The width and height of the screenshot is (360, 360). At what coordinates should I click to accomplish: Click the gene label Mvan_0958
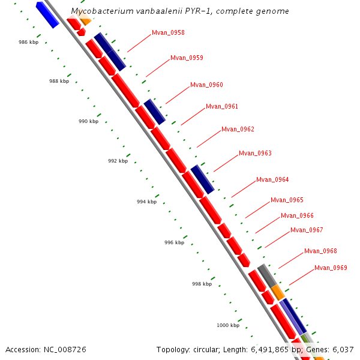click(168, 32)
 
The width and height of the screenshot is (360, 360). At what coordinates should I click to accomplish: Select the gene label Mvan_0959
click(187, 58)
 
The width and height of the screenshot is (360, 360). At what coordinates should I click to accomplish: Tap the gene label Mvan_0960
click(206, 85)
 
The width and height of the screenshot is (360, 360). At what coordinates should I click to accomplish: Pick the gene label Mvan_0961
click(222, 107)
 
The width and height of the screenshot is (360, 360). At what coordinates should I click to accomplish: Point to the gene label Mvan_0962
click(238, 130)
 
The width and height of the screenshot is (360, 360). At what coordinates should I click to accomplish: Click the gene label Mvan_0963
click(255, 154)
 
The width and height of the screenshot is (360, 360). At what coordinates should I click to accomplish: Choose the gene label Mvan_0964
click(272, 180)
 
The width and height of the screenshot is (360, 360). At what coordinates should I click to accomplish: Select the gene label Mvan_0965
click(287, 200)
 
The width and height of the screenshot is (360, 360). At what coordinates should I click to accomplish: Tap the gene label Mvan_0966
click(297, 216)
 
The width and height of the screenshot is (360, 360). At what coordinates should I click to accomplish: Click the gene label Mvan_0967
click(307, 230)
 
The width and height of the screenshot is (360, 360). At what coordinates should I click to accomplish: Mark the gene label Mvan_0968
click(320, 251)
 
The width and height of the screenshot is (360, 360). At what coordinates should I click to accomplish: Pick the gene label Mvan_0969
click(331, 268)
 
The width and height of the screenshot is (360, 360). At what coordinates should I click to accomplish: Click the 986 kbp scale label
click(28, 43)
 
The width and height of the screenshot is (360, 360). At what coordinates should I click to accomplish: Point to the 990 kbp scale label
click(88, 122)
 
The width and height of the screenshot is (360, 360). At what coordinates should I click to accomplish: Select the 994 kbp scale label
click(146, 202)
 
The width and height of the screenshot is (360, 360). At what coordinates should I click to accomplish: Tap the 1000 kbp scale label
click(228, 326)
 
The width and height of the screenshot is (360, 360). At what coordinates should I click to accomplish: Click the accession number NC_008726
click(65, 349)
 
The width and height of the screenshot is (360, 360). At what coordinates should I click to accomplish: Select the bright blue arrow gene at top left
click(47, 14)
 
